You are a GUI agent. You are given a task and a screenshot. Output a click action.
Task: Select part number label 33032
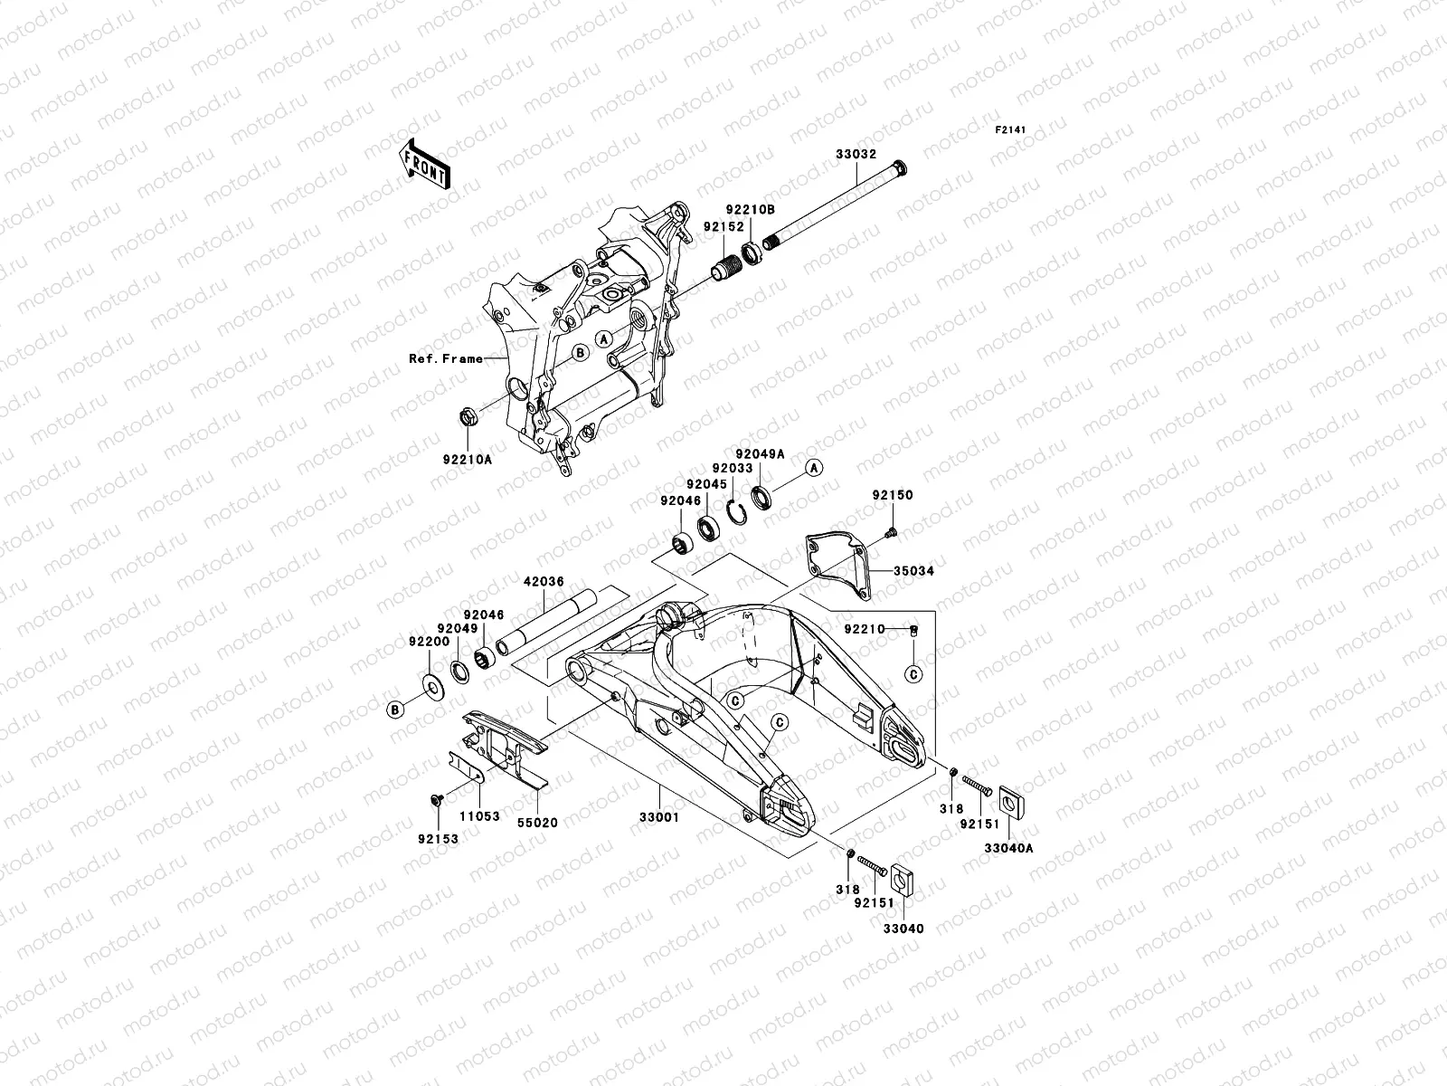tap(855, 154)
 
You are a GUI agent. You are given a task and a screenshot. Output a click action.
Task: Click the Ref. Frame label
tap(445, 358)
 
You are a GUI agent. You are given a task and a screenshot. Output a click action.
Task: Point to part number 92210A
tap(467, 460)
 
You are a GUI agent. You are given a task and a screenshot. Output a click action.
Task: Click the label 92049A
tap(760, 454)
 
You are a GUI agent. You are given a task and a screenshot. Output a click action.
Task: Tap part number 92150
tap(892, 496)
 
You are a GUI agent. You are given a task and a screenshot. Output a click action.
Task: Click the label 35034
tap(913, 571)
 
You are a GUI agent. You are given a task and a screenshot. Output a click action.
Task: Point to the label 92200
tap(428, 641)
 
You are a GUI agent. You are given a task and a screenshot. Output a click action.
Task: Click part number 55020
tap(537, 823)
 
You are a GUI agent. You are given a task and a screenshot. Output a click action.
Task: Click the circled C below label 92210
tap(913, 673)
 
